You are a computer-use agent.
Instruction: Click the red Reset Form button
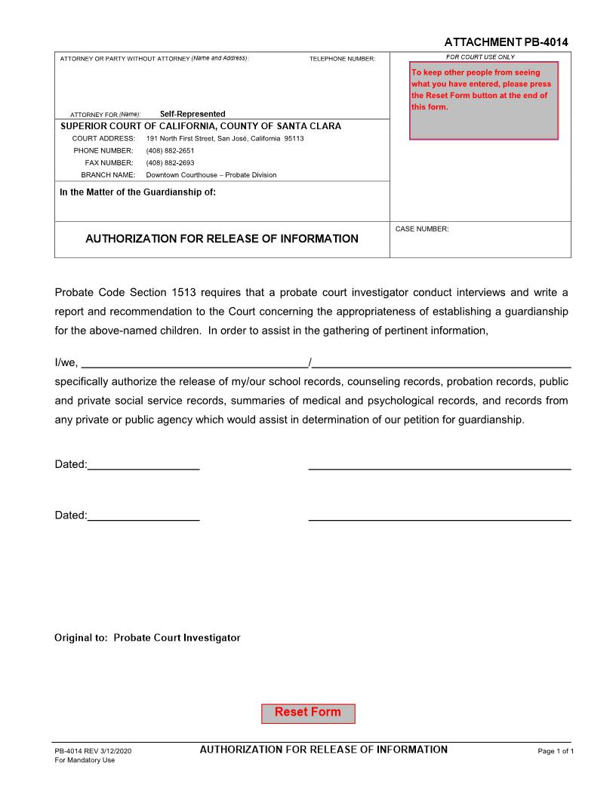[308, 713]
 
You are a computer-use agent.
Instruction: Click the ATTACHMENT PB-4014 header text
[506, 42]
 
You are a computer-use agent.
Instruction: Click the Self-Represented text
[192, 114]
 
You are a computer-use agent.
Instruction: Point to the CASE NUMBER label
[422, 229]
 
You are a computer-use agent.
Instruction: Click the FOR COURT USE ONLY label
[480, 57]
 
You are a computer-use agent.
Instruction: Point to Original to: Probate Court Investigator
[147, 639]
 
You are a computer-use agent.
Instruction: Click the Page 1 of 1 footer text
[556, 752]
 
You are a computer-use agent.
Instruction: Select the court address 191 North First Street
[225, 139]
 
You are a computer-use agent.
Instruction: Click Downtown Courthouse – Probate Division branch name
[211, 175]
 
